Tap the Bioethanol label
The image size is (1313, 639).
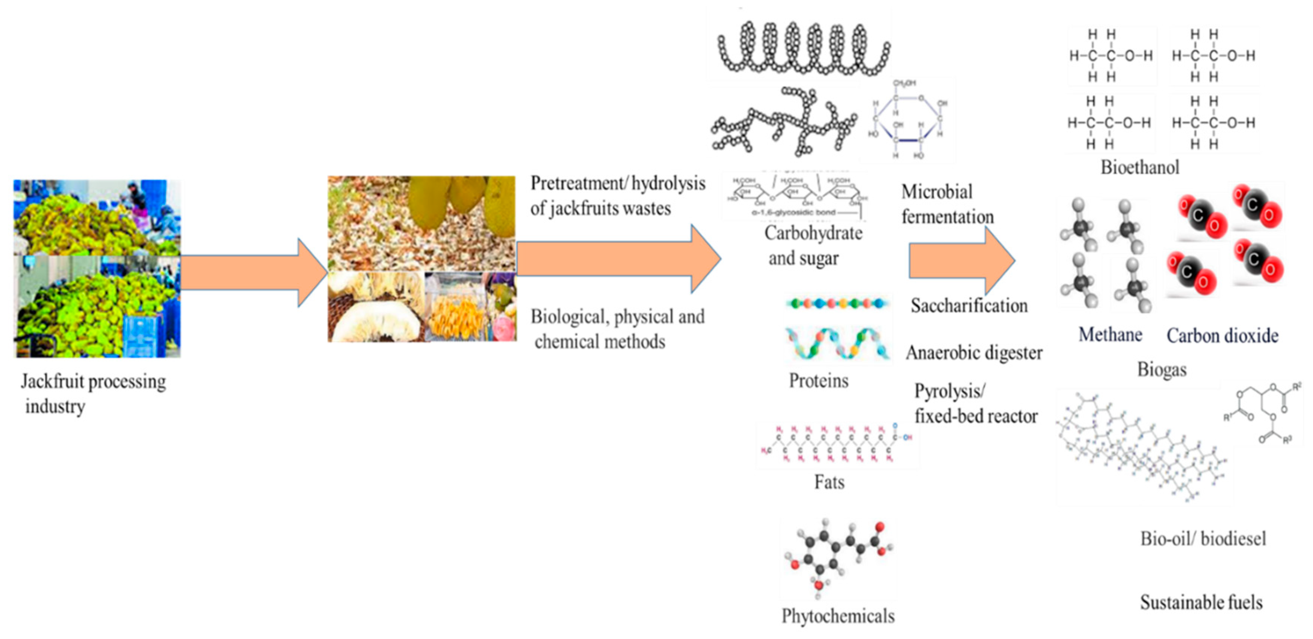[1140, 167]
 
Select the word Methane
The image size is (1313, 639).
[1110, 335]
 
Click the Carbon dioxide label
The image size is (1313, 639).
[1222, 336]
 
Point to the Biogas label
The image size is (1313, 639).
[1162, 369]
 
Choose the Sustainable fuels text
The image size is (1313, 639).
[1201, 602]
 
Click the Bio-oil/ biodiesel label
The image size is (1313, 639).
[1203, 539]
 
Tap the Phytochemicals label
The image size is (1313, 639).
[838, 616]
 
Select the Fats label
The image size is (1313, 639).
[829, 482]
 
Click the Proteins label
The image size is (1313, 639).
[819, 380]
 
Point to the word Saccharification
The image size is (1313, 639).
[969, 306]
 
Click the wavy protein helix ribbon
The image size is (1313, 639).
[837, 343]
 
